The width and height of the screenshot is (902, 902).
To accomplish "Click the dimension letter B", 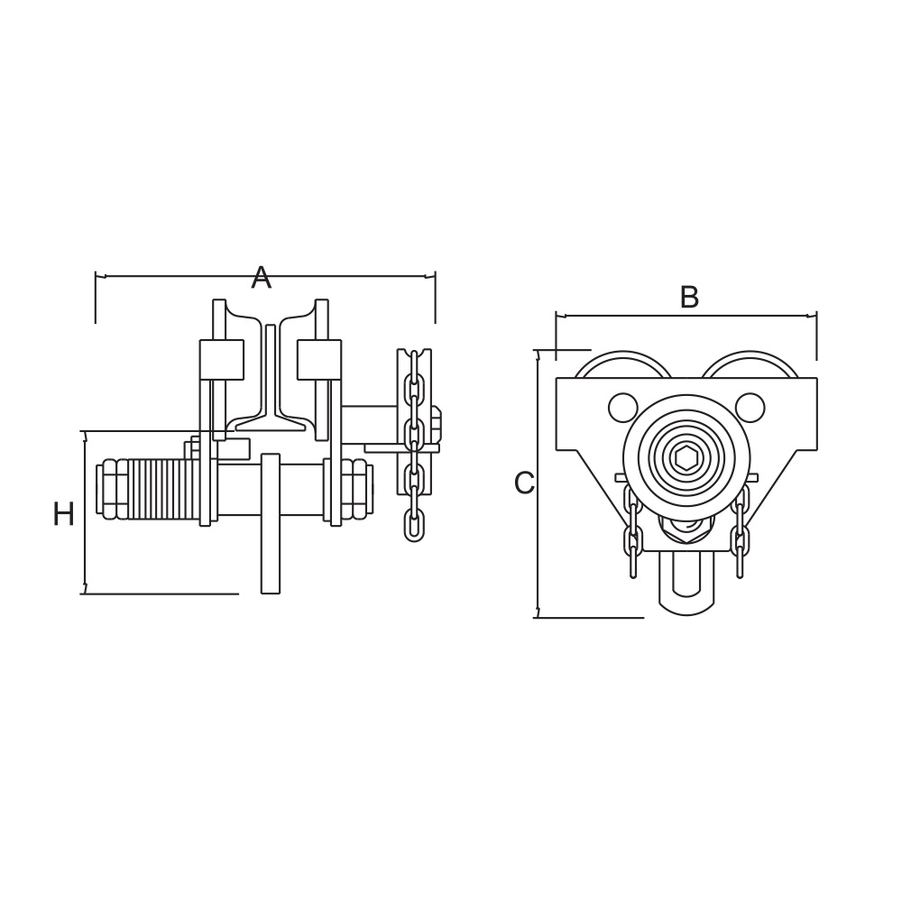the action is pyautogui.click(x=689, y=298).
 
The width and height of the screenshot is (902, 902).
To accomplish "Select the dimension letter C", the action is pyautogui.click(x=524, y=483).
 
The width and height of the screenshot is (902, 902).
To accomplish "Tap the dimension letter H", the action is pyautogui.click(x=63, y=514).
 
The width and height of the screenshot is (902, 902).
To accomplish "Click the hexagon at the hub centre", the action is pyautogui.click(x=686, y=458).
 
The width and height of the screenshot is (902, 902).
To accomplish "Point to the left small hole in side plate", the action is pyautogui.click(x=622, y=408).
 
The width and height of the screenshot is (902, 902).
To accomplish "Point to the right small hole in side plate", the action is pyautogui.click(x=750, y=408).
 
